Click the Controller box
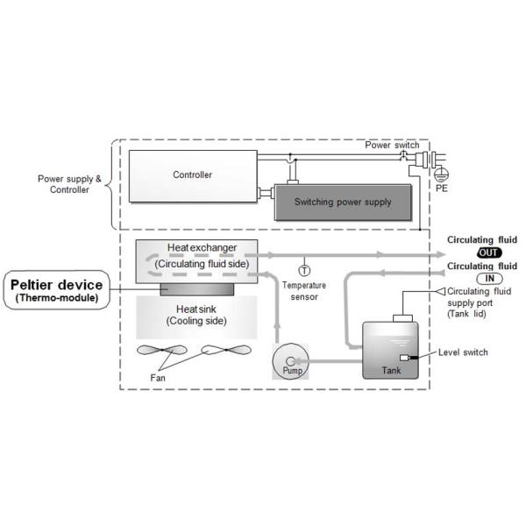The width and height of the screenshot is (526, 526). click(193, 176)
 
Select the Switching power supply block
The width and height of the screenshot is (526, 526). click(343, 203)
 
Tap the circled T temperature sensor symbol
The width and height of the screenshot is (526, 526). click(304, 270)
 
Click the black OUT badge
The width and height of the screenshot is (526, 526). click(489, 252)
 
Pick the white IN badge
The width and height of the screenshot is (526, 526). click(489, 279)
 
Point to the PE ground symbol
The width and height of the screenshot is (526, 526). click(442, 175)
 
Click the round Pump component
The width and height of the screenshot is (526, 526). click(290, 361)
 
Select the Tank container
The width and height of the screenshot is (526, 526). click(390, 350)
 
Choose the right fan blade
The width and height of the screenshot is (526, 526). click(226, 350)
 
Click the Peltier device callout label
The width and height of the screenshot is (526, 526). click(57, 290)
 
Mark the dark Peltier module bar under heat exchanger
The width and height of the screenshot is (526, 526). click(197, 289)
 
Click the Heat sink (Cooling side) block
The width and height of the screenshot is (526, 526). click(196, 317)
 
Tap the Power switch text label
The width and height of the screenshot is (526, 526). click(392, 145)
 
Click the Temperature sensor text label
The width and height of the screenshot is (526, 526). click(304, 291)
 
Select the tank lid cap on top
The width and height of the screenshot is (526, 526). click(402, 318)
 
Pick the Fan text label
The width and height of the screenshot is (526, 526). click(158, 378)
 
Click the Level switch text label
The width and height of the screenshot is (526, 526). click(463, 352)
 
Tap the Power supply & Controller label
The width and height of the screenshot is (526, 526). click(69, 184)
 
